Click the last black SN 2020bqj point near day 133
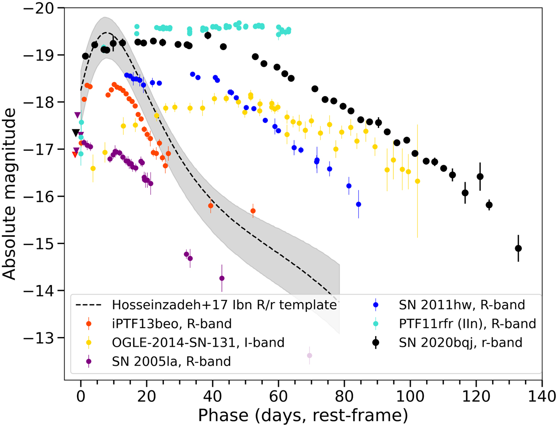tap(518, 248)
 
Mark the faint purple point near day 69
tap(310, 356)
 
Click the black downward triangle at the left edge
tap(75, 133)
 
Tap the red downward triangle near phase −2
tap(75, 155)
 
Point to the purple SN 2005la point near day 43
tap(222, 278)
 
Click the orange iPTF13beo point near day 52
tap(253, 211)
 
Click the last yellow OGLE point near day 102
tap(418, 181)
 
